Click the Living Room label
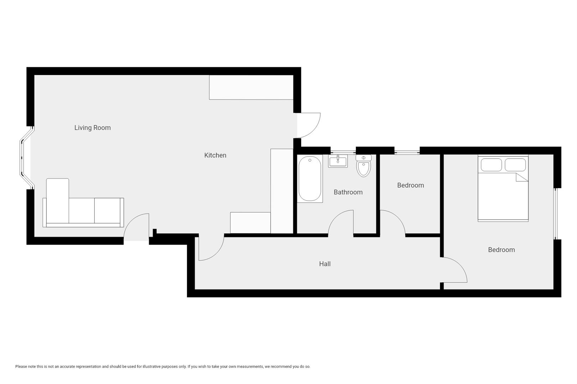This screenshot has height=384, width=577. point(92,128)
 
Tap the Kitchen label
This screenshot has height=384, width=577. point(215,155)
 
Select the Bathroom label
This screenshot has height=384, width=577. point(348,192)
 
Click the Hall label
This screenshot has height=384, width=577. point(324,264)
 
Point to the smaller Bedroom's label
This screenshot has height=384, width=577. point(410,185)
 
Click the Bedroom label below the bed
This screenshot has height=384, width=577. point(501,250)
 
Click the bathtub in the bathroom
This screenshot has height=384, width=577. point(310,179)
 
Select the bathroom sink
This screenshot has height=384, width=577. point(338,161)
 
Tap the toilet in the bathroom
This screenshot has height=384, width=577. point(363,166)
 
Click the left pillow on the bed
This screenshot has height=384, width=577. point(491,165)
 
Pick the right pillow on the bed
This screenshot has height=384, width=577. point(515,165)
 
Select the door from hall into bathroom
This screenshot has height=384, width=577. point(341,222)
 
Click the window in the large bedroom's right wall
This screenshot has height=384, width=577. point(555,214)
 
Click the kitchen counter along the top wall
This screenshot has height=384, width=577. point(251,87)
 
